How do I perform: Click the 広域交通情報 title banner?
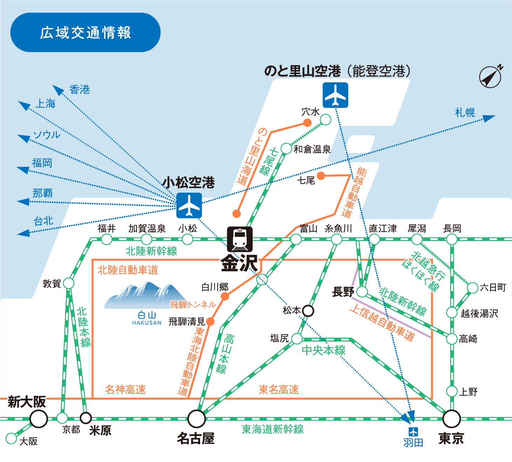(85, 33)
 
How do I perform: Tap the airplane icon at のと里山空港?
(335, 95)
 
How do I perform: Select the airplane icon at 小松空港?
(189, 205)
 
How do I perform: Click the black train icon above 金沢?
(240, 239)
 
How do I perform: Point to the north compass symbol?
(490, 76)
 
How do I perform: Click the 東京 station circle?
(452, 419)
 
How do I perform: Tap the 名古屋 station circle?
(197, 419)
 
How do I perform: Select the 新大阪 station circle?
(39, 419)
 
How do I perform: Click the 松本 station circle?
(308, 310)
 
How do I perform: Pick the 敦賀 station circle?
(69, 283)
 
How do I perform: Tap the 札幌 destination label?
(465, 113)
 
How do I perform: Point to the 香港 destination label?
(80, 90)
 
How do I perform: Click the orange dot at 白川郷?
(225, 297)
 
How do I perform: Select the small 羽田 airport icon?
(414, 431)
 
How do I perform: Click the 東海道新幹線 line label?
(273, 429)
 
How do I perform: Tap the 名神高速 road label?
(125, 389)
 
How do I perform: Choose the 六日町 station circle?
(473, 288)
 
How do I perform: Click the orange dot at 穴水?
(307, 123)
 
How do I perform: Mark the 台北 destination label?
(43, 221)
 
